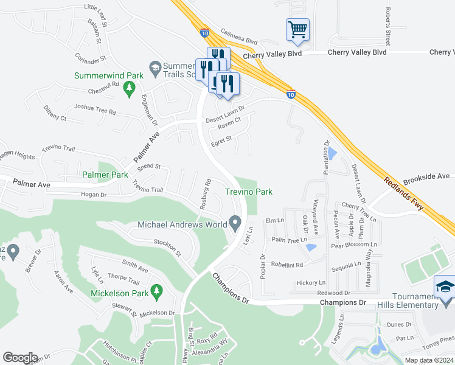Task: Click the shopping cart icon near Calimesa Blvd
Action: pyautogui.click(x=297, y=29)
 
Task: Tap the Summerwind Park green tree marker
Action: pyautogui.click(x=128, y=89)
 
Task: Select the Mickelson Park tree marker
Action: pyautogui.click(x=156, y=292)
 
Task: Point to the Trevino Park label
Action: pyautogui.click(x=248, y=192)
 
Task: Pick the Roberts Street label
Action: pyautogui.click(x=387, y=21)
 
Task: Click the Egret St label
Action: pyautogui.click(x=221, y=140)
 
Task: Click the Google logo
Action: pyautogui.click(x=20, y=357)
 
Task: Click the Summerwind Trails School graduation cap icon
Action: pyautogui.click(x=155, y=67)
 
